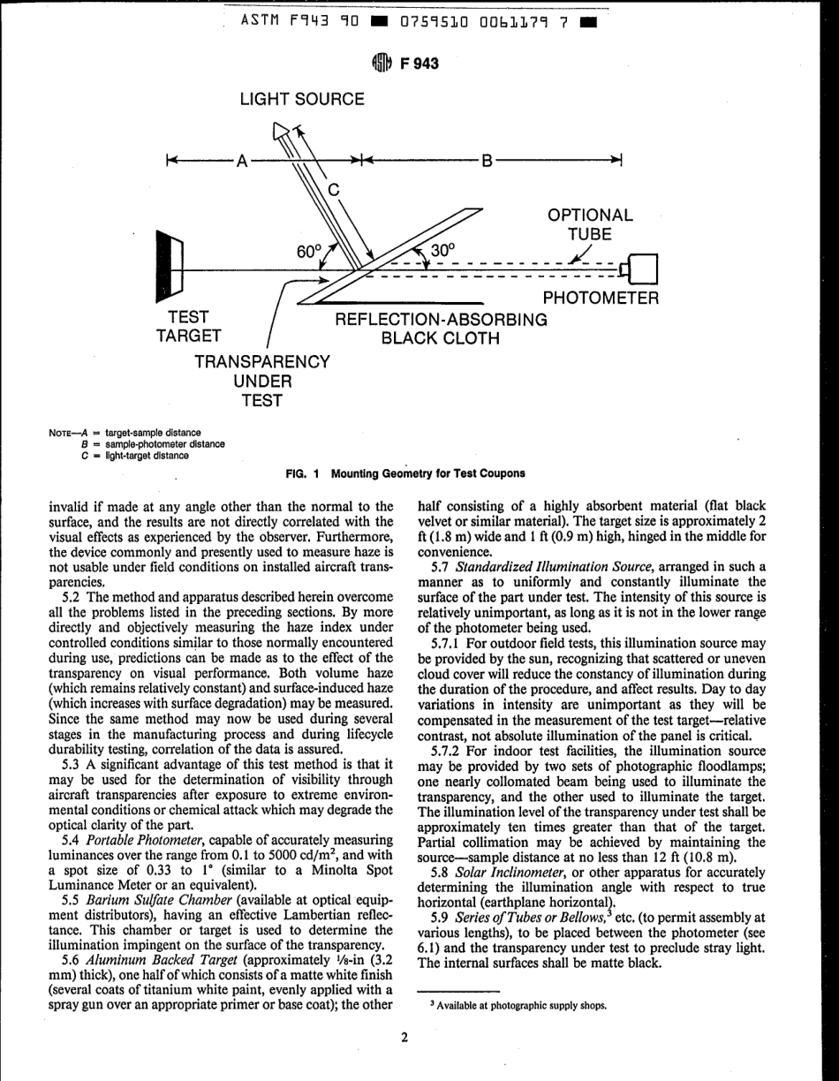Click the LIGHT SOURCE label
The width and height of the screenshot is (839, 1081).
(302, 99)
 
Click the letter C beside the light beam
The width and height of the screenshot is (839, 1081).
(334, 188)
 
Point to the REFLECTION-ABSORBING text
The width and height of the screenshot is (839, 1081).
(442, 318)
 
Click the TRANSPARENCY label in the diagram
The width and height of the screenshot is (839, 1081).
(261, 361)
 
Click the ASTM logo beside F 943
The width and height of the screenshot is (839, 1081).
(386, 62)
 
